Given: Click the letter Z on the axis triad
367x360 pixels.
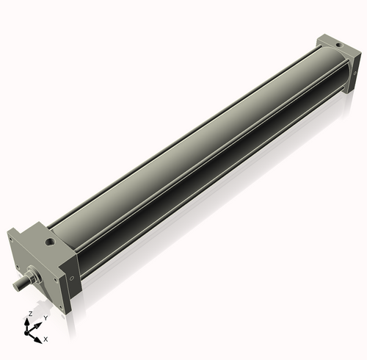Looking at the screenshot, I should (29, 314).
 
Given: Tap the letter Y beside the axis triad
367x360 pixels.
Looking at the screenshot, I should (46, 317).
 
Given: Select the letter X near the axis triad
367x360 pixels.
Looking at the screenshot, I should (46, 339).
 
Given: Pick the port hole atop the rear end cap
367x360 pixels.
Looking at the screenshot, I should (336, 44).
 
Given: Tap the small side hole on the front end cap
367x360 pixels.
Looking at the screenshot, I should (71, 278).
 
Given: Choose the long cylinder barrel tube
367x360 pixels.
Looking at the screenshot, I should (198, 147).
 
